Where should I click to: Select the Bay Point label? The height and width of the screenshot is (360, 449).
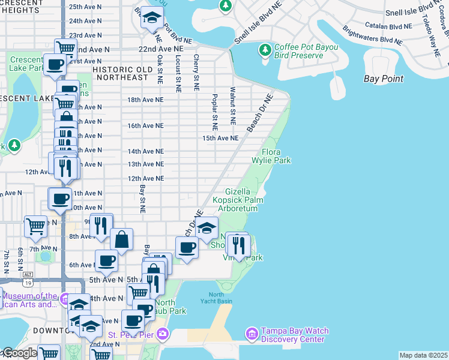point(384,79)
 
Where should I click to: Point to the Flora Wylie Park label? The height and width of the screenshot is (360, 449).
point(276,157)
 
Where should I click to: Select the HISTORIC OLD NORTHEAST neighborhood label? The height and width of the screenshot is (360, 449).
point(121,73)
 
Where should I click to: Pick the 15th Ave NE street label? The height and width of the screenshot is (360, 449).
point(220,138)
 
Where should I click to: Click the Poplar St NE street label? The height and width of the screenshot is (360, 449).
point(214,112)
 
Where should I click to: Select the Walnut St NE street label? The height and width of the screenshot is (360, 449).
point(232,106)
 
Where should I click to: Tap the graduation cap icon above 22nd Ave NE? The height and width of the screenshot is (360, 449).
point(152,17)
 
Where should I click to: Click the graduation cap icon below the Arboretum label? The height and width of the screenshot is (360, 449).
point(207,229)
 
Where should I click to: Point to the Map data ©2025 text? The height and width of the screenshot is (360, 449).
point(423,355)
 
